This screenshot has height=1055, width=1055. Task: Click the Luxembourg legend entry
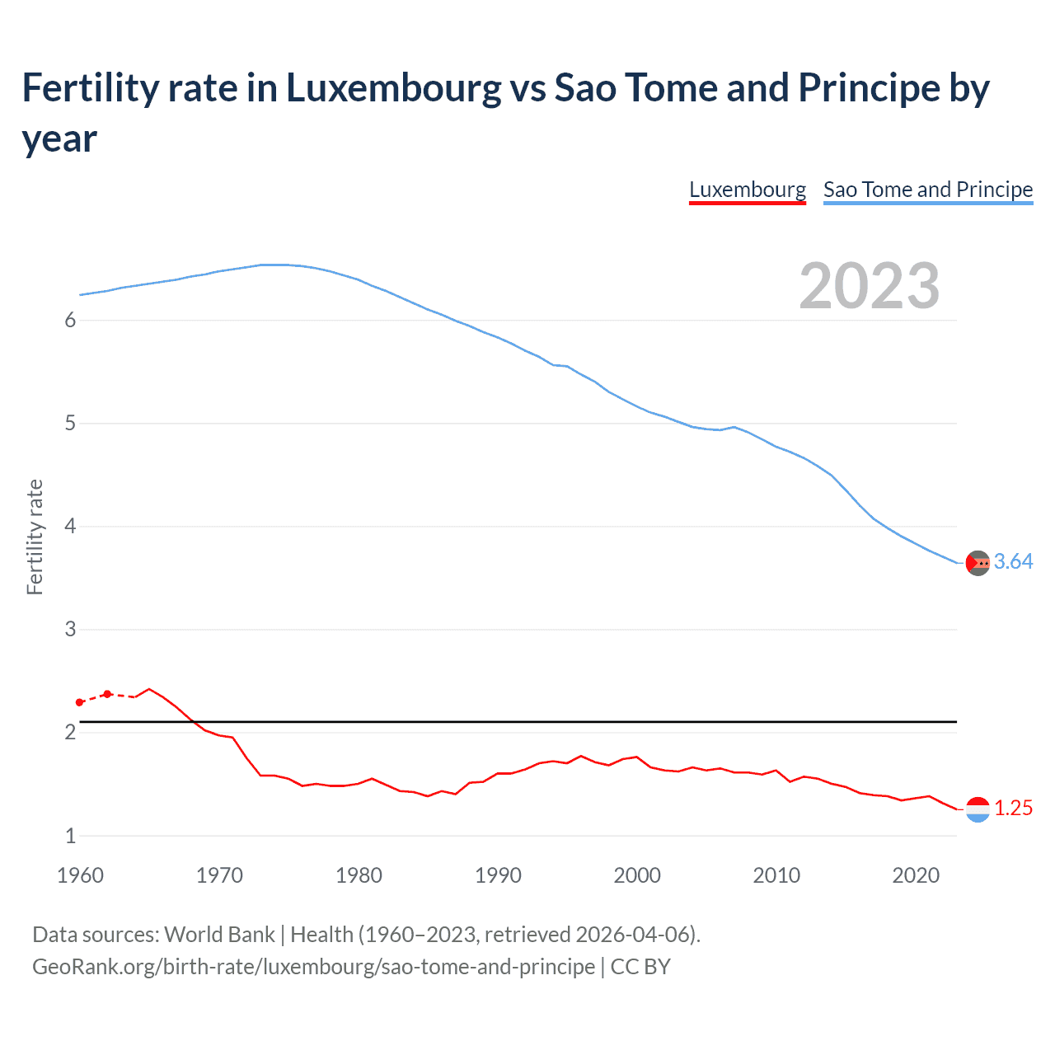[x=747, y=190]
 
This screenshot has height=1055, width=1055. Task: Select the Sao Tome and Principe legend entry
[x=927, y=190]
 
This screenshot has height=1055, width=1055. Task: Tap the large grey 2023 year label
[x=869, y=286]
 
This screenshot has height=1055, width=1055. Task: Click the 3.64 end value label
[x=1013, y=562]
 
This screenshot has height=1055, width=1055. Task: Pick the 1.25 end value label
[x=1013, y=809]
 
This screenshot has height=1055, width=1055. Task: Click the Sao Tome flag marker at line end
[x=978, y=563]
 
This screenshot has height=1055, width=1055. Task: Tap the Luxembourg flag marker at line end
[x=978, y=809]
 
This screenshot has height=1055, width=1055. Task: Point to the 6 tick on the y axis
[x=70, y=321]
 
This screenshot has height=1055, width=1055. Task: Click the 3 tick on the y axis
[x=70, y=630]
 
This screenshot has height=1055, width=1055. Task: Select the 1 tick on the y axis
[x=70, y=836]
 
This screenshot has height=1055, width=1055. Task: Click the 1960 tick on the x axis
[x=80, y=875]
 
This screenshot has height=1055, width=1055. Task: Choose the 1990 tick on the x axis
[x=498, y=875]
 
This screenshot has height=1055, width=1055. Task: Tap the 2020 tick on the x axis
[x=916, y=875]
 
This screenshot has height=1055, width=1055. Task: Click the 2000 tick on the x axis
[x=637, y=875]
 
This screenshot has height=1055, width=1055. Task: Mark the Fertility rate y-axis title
[x=35, y=537]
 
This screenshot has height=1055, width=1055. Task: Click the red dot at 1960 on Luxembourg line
[x=79, y=702]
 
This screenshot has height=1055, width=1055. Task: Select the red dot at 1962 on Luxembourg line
[x=107, y=694]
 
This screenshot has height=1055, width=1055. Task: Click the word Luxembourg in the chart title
[x=393, y=88]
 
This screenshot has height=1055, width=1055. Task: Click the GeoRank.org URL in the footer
[x=313, y=966]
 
